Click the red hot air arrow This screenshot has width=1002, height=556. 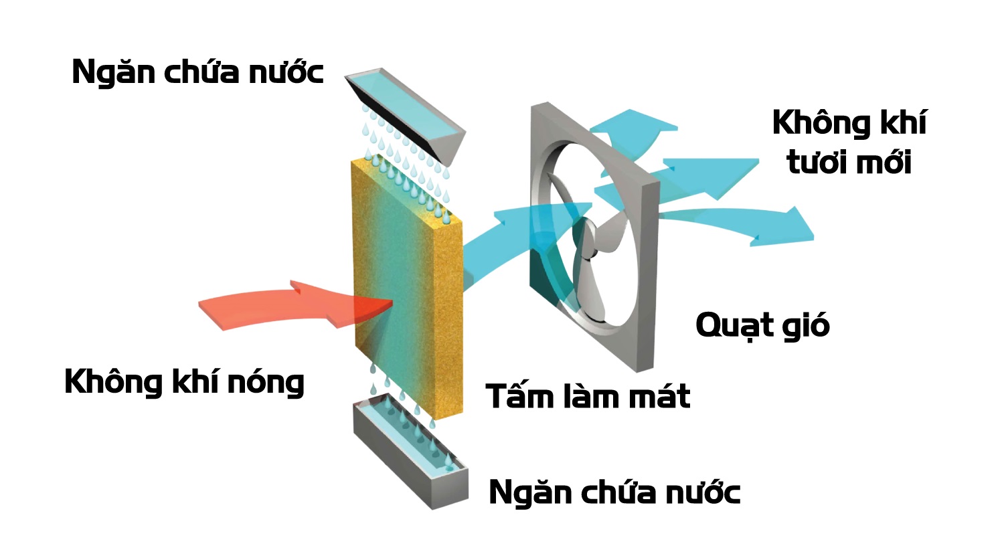pyautogui.click(x=281, y=305)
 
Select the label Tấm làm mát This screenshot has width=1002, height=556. pyautogui.click(x=588, y=396)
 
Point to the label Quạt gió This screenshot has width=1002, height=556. pyautogui.click(x=762, y=326)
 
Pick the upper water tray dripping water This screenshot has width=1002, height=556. pyautogui.click(x=405, y=114)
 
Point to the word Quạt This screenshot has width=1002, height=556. pyautogui.click(x=733, y=326)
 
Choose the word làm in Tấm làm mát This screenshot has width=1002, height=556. pyautogui.click(x=589, y=396)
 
